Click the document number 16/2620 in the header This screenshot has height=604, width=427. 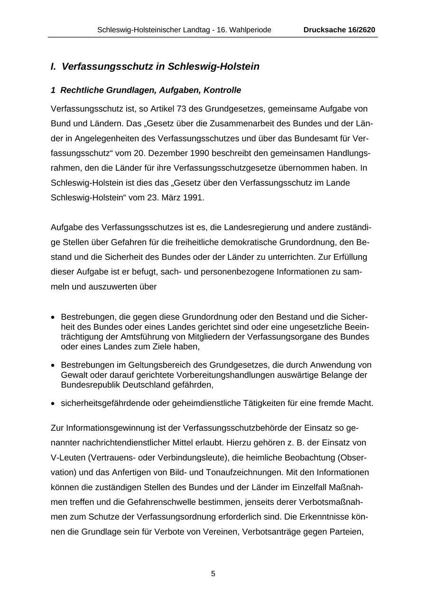click(359, 30)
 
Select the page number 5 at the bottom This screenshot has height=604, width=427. click(213, 574)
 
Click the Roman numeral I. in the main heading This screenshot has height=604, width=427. click(54, 66)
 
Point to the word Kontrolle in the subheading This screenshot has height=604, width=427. click(223, 90)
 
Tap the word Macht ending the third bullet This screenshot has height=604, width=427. click(362, 403)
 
